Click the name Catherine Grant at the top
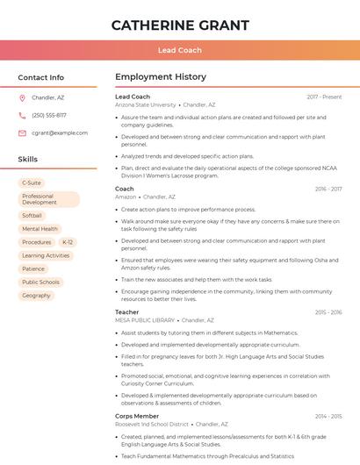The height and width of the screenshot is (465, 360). [x=180, y=25]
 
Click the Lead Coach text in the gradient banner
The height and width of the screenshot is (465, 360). [x=180, y=50]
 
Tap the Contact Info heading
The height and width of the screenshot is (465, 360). [x=40, y=77]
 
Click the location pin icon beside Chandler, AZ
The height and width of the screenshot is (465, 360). [x=22, y=97]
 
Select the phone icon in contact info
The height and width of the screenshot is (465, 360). [x=22, y=115]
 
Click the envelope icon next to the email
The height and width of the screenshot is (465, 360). [x=22, y=132]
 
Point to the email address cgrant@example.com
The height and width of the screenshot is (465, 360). [x=60, y=132]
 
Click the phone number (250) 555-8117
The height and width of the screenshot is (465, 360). [x=49, y=115]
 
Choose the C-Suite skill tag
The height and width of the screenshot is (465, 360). [x=32, y=183]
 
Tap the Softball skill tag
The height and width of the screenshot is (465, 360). [x=32, y=215]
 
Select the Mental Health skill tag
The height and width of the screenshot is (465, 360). [x=40, y=228]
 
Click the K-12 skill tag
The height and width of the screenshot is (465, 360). [x=68, y=242]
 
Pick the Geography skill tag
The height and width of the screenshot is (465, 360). [x=37, y=296]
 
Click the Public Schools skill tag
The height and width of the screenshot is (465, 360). [x=40, y=283]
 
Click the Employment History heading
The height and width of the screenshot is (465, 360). [x=160, y=77]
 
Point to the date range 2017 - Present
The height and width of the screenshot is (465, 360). [x=324, y=97]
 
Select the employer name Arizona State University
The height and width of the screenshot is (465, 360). [x=145, y=104]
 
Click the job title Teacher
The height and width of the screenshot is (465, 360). [x=126, y=312]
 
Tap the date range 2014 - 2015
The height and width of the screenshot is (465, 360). [x=328, y=416]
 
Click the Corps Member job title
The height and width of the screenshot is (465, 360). [x=136, y=416]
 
